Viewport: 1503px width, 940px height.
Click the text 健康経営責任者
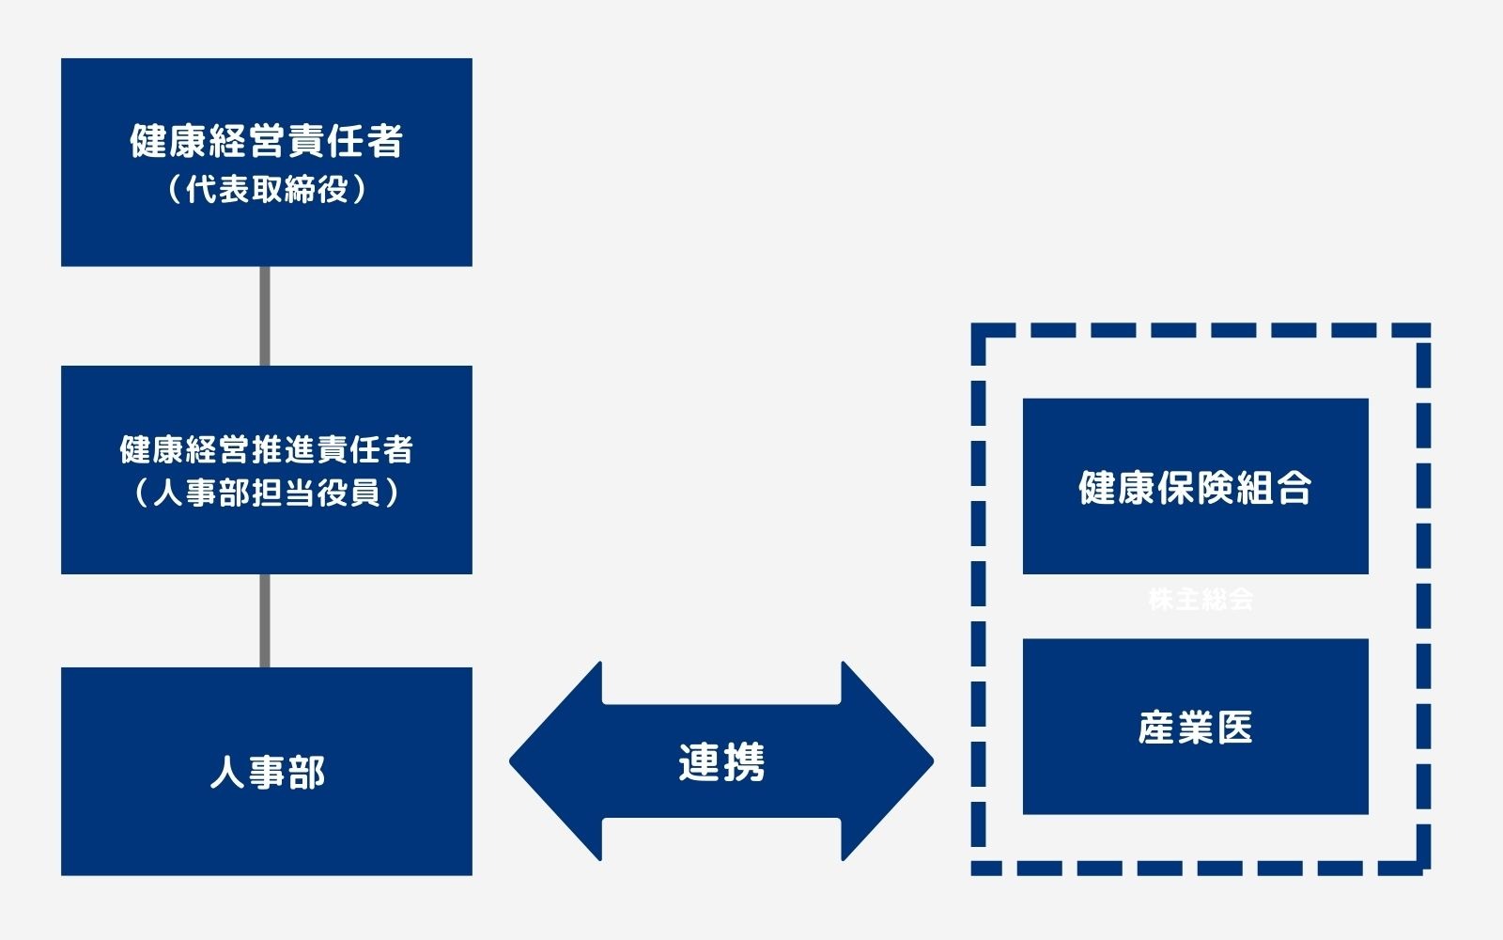tap(267, 142)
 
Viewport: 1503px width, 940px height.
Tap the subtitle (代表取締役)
tap(267, 190)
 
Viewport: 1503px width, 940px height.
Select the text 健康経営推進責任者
tap(267, 449)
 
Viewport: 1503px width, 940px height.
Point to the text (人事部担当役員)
tap(267, 493)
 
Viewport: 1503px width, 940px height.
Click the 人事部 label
tap(267, 773)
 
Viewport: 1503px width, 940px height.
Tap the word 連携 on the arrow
tap(721, 762)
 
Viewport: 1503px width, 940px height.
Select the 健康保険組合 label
tap(1195, 488)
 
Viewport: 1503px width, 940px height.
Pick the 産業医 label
tap(1195, 728)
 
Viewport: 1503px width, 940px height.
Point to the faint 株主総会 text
tap(1201, 599)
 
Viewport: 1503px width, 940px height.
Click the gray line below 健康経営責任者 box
tap(265, 316)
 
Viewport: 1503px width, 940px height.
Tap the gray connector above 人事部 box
tap(265, 620)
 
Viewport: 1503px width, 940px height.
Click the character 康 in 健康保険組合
tap(1136, 488)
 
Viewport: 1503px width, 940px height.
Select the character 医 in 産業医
tap(1234, 728)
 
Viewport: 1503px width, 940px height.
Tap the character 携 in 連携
tap(744, 762)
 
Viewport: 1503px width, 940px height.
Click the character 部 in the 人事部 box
tap(306, 773)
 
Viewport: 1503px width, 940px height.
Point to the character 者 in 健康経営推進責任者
tap(398, 449)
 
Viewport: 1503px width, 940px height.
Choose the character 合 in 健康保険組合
tap(1294, 488)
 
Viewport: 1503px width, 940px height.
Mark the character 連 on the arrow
tap(699, 762)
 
